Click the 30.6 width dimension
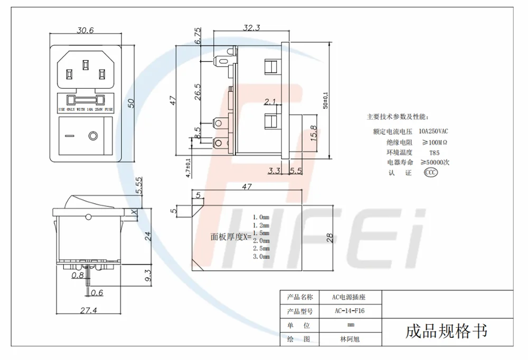pos(85,31)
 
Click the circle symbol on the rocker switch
pos(93,136)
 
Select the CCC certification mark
pos(431,173)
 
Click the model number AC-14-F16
pos(350,311)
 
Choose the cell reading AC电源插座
pos(349,298)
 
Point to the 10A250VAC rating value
pos(433,131)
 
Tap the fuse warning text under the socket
pos(85,109)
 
